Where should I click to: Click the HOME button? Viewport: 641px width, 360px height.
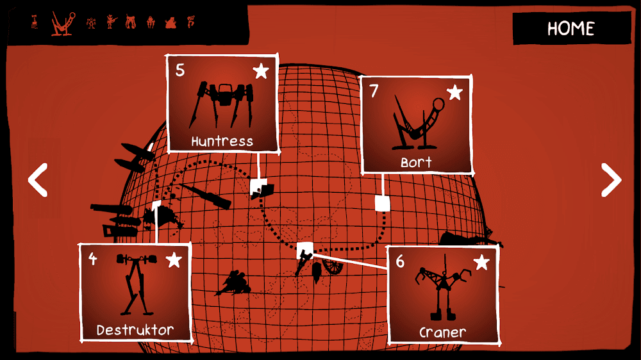pyautogui.click(x=571, y=29)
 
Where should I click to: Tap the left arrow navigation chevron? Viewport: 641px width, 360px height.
pyautogui.click(x=38, y=180)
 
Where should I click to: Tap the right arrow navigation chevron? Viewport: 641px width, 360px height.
pyautogui.click(x=610, y=180)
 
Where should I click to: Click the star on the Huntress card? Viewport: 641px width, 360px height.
pyautogui.click(x=261, y=70)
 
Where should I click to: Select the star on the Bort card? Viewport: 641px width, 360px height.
pyautogui.click(x=454, y=92)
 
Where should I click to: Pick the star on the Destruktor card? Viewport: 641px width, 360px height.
pyautogui.click(x=174, y=259)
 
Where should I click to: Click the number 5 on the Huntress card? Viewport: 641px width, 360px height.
pyautogui.click(x=180, y=70)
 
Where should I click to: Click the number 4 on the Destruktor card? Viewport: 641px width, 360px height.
pyautogui.click(x=93, y=259)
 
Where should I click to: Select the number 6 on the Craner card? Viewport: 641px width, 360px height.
pyautogui.click(x=401, y=262)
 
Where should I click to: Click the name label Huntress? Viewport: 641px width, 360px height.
pyautogui.click(x=222, y=142)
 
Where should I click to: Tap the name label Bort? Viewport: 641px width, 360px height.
pyautogui.click(x=417, y=163)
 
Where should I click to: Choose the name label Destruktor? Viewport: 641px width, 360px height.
pyautogui.click(x=135, y=331)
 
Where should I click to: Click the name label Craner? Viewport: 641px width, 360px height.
pyautogui.click(x=442, y=333)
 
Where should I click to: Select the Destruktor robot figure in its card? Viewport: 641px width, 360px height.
pyautogui.click(x=135, y=285)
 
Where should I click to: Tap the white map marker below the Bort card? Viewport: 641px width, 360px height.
pyautogui.click(x=383, y=203)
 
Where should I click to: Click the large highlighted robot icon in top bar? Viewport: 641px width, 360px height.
pyautogui.click(x=62, y=23)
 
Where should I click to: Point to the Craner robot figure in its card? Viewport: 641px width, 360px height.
pyautogui.click(x=442, y=291)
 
